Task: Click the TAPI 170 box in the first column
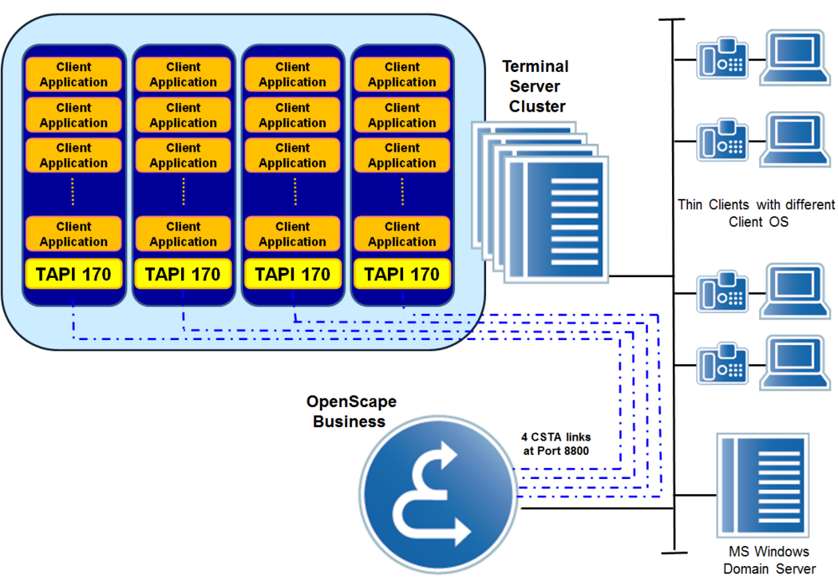coord(73,275)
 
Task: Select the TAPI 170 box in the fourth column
coord(401,275)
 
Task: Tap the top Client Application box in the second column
coord(183,74)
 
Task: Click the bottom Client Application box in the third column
coord(292,234)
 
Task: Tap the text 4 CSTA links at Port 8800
coord(556,444)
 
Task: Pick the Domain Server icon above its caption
coord(762,485)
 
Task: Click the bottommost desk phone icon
coord(722,364)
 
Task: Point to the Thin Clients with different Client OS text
coord(756,213)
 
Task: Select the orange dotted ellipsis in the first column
coord(73,192)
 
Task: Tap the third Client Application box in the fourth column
coord(401,155)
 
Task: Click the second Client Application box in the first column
coord(73,115)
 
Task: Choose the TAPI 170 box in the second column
coord(183,275)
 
